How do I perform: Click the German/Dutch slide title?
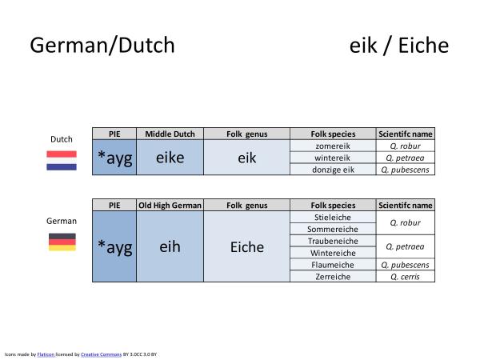pos(102,46)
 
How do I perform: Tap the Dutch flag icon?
pos(62,160)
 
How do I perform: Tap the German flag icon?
pos(62,242)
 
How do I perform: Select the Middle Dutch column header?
pos(170,134)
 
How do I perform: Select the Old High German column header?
pos(170,205)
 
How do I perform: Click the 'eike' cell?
pos(170,158)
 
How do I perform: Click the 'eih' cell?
pos(170,246)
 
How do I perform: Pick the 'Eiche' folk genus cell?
pos(246,246)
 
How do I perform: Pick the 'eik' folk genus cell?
pos(246,158)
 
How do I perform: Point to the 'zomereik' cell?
pos(332,146)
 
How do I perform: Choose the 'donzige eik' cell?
pos(332,169)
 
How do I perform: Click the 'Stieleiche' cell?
pos(332,216)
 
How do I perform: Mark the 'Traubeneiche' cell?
pos(332,240)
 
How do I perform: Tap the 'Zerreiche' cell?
pos(332,276)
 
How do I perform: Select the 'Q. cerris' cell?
pos(405,276)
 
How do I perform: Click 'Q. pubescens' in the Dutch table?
pos(405,169)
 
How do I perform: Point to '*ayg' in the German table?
pos(114,246)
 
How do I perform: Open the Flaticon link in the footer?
pos(45,353)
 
